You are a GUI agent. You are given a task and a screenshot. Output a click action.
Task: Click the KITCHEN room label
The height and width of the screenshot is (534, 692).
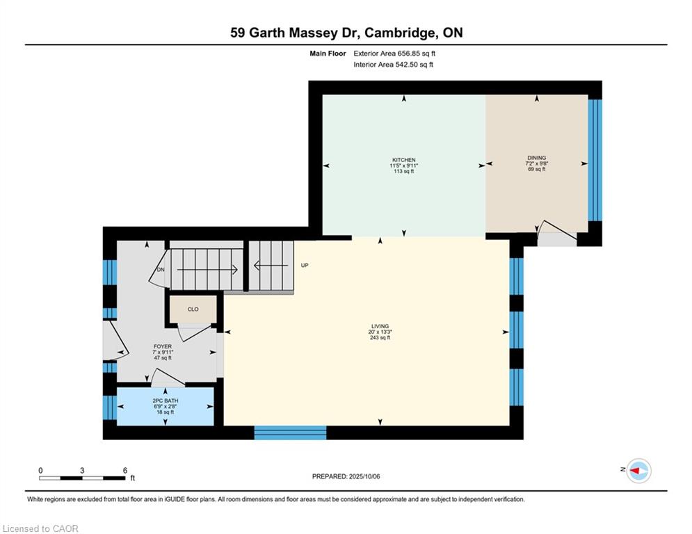[404, 160]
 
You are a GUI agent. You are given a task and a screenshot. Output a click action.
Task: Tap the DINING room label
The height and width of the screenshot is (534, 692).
[537, 158]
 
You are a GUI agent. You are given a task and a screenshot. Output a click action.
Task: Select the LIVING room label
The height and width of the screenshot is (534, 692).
[380, 326]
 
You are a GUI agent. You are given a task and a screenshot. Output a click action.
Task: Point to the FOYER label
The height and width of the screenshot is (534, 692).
[163, 346]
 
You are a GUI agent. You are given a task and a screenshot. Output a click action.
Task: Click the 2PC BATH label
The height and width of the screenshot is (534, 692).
[166, 400]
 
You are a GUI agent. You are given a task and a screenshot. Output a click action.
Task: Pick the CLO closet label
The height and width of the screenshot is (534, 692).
[193, 309]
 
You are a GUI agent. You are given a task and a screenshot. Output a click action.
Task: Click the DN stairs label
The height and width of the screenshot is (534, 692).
[161, 269]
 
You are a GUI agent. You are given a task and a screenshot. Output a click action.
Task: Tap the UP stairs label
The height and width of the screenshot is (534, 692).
[305, 265]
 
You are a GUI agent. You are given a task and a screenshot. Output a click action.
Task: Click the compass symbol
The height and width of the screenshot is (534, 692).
[639, 471]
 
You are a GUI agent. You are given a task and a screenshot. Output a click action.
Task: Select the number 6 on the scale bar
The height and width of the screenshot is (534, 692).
[125, 471]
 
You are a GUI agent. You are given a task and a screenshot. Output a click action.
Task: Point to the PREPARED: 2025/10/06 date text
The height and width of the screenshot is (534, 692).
[346, 476]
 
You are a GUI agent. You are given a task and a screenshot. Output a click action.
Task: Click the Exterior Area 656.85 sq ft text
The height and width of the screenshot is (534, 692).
[394, 54]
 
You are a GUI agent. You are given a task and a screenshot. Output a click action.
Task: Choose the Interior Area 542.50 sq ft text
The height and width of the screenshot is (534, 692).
[393, 65]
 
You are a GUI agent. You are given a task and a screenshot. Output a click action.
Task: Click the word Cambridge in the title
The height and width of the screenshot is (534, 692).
[399, 33]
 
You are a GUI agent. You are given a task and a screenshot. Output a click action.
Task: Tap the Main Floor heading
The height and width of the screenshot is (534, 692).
[328, 54]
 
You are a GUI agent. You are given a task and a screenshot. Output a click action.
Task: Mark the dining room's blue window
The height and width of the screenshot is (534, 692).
[595, 160]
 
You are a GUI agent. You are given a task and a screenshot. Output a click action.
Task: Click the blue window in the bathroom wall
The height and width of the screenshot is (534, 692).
[110, 407]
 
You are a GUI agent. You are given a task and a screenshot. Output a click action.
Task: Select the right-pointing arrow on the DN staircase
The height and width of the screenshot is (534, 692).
[207, 269]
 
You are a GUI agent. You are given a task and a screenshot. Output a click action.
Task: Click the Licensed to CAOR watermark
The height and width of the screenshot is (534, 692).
[40, 528]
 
